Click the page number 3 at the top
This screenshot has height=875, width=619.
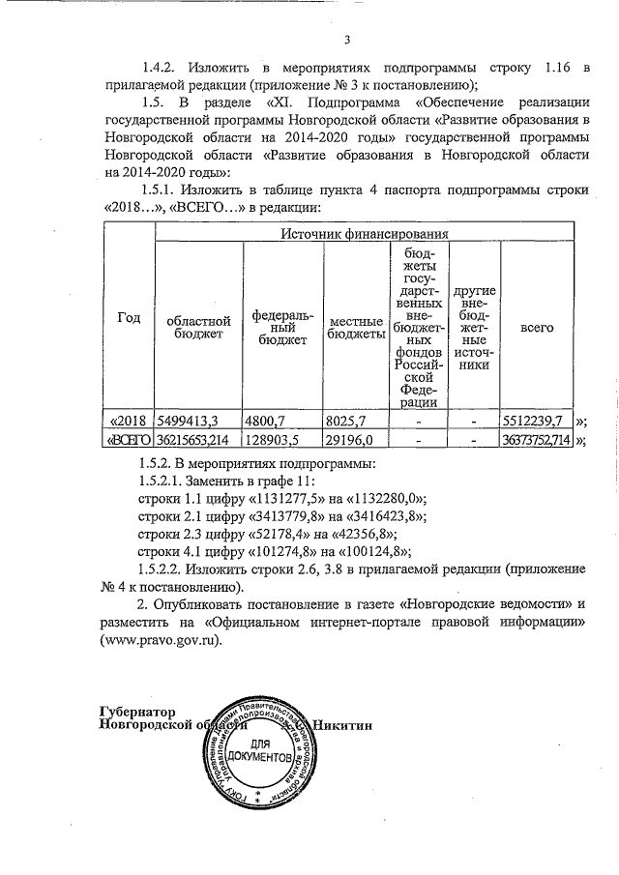coord(346,40)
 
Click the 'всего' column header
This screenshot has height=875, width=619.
coord(536,327)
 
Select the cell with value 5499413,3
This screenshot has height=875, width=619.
coord(192,422)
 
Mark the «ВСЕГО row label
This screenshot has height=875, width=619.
coord(129,441)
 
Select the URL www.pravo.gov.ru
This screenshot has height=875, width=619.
coord(161,640)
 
